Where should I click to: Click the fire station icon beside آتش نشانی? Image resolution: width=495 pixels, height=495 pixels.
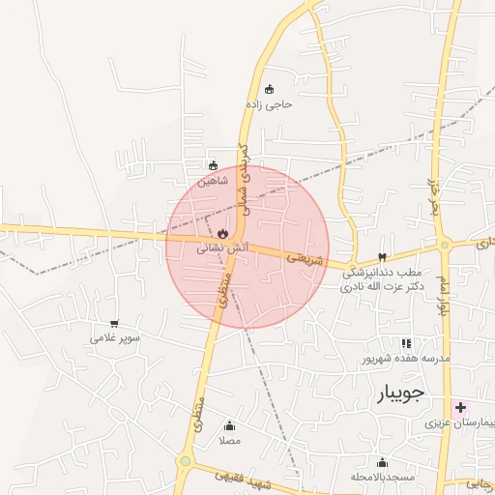(222, 233)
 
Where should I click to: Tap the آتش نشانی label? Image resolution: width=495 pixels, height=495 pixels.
(223, 248)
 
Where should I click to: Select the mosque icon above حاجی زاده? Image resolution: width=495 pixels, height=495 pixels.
(269, 89)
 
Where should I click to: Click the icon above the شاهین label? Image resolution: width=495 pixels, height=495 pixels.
(213, 165)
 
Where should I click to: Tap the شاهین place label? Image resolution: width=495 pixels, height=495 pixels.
(213, 181)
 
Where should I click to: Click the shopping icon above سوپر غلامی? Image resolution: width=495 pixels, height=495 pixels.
(115, 324)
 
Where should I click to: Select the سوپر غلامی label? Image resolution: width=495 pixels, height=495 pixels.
(115, 338)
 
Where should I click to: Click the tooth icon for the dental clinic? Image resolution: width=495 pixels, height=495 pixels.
(383, 257)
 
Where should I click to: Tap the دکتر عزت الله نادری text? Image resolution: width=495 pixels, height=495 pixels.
(384, 287)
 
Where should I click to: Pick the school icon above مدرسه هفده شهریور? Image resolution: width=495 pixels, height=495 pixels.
(406, 343)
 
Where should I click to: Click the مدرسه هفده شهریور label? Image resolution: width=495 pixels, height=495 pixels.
(407, 359)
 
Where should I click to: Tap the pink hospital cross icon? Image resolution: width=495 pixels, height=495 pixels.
(460, 408)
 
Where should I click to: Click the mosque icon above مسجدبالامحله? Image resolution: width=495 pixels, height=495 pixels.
(382, 462)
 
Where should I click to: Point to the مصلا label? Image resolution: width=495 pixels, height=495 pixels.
(229, 441)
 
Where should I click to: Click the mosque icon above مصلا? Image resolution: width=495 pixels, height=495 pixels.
(229, 426)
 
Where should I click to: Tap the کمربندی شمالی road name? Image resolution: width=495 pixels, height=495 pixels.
(246, 180)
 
